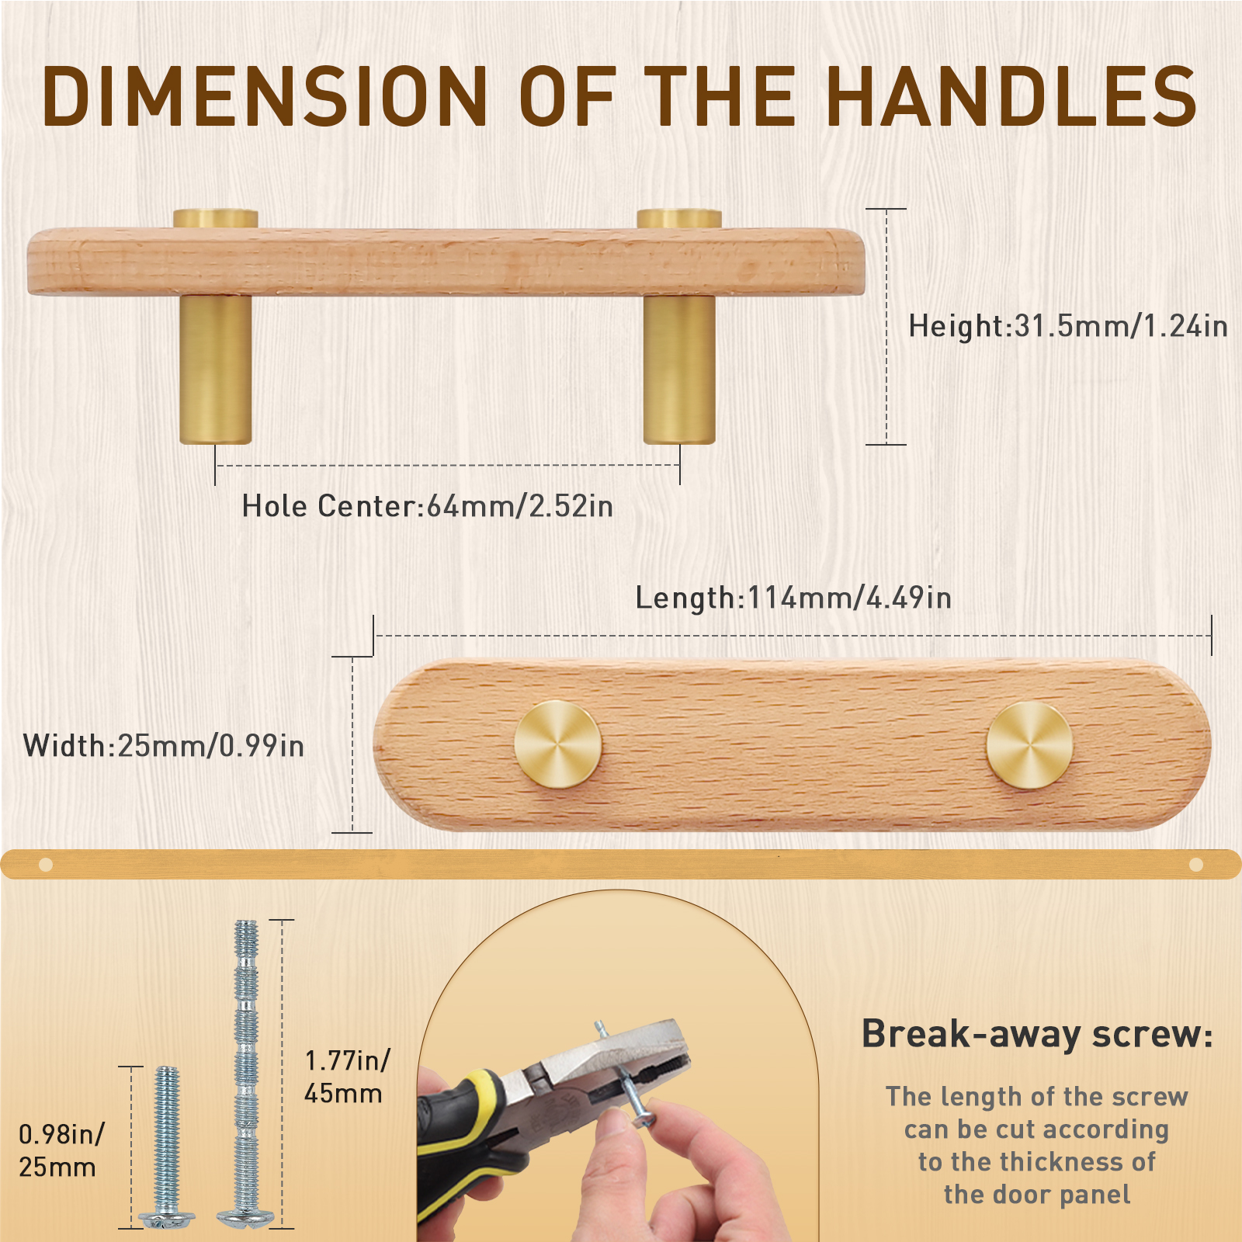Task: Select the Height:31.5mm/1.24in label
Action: tap(1067, 326)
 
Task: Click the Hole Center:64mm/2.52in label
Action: tap(428, 506)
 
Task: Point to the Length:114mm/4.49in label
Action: tap(793, 598)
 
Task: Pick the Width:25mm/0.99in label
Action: tap(164, 746)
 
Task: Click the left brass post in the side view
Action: tap(216, 369)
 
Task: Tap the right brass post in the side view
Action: tap(679, 369)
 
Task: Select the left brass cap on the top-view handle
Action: tap(558, 744)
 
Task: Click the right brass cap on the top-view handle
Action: tap(1029, 745)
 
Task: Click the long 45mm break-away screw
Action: tap(246, 1071)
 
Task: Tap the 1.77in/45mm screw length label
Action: tap(347, 1077)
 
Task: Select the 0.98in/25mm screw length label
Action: tap(61, 1150)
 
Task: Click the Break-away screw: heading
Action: tap(1036, 1034)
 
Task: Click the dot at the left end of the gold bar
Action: tap(46, 864)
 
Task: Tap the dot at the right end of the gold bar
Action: tap(1196, 864)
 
